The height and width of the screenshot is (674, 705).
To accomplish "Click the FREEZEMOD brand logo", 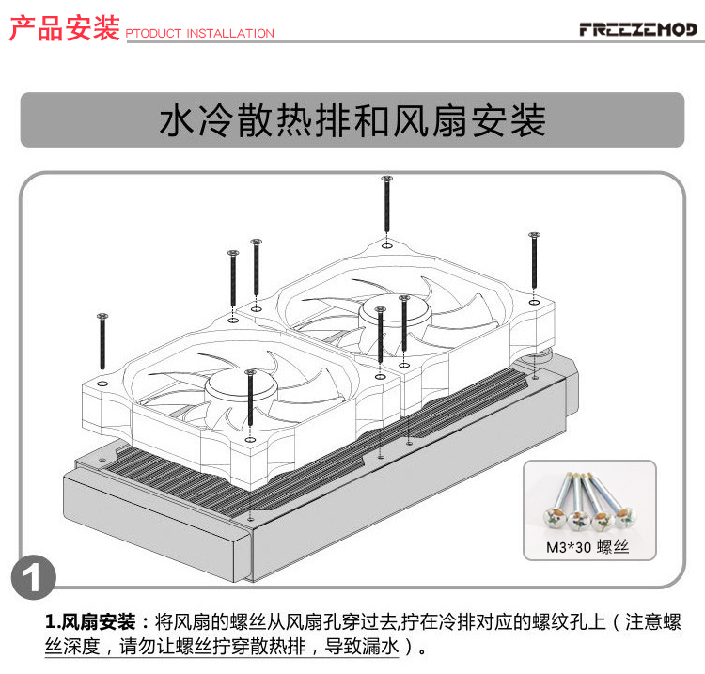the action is point(638,29).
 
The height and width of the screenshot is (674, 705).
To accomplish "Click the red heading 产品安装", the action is point(64,28).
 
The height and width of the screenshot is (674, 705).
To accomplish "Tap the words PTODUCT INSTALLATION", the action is point(199,33).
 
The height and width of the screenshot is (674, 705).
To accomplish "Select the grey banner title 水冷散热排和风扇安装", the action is point(352,120).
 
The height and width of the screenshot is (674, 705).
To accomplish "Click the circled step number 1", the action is point(34,577).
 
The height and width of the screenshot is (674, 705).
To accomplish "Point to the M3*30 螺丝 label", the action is point(587,547).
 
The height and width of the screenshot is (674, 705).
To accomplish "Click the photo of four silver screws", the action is point(589,501).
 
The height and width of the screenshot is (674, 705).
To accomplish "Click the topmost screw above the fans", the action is point(386,204).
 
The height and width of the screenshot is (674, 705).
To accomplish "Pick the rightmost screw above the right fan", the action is point(534,260).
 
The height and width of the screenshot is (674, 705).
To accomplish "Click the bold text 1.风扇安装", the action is point(90,622).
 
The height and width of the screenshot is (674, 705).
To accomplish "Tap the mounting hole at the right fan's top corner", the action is point(386,246).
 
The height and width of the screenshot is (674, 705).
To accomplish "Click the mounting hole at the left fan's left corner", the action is point(102,384).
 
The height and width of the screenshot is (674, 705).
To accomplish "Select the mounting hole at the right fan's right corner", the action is point(534,302).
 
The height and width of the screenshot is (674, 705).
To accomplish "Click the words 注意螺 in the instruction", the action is point(653,622).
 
